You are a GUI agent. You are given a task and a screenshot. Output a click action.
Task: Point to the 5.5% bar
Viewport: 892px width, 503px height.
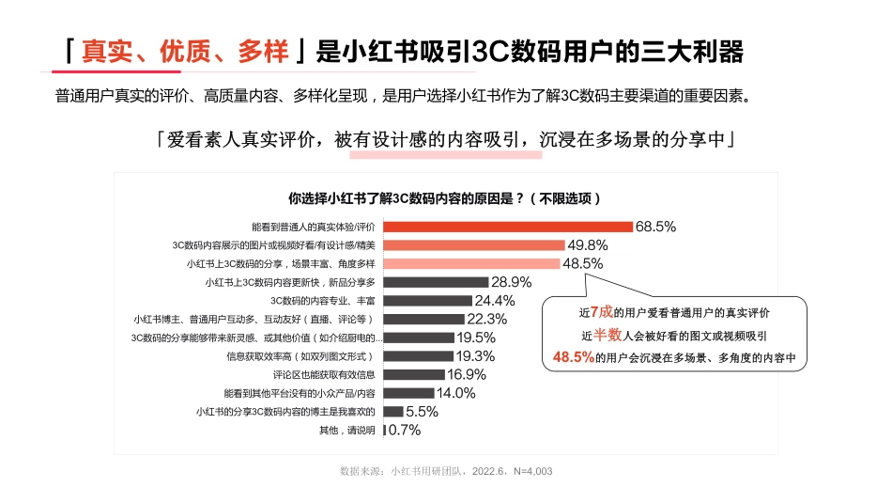[x=393, y=412]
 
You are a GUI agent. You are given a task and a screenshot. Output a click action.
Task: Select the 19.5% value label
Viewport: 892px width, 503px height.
[x=476, y=338]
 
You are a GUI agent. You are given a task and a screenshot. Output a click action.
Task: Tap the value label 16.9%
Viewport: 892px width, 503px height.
[x=467, y=374]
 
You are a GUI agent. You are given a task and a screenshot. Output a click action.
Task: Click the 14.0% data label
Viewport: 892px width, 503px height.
[x=456, y=393]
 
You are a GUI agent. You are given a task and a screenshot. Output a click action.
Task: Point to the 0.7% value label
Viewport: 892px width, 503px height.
[x=405, y=431]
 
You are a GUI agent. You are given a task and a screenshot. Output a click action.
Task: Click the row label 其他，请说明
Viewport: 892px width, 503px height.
[x=347, y=431]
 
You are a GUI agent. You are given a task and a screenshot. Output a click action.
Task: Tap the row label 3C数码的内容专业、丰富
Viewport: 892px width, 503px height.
[x=323, y=301]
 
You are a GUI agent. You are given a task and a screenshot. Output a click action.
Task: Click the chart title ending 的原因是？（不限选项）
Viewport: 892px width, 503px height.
[x=445, y=198]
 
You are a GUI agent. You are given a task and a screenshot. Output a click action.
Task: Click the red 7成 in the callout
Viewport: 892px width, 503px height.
[x=600, y=312]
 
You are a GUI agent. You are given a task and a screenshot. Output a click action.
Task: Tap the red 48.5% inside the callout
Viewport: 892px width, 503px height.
[x=574, y=357]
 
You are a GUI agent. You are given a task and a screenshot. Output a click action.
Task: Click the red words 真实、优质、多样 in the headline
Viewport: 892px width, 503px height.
[x=186, y=52]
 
